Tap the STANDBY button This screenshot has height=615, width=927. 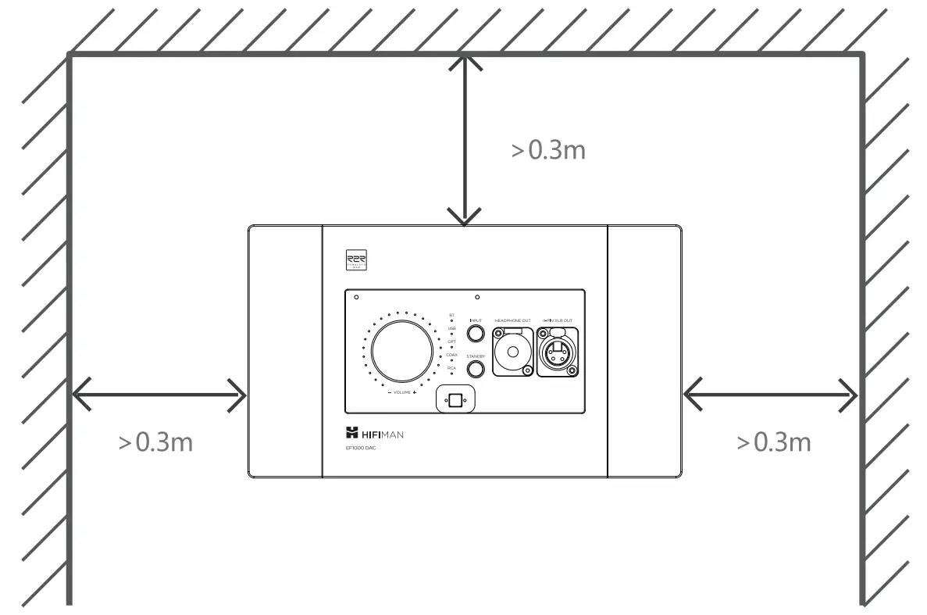[476, 372]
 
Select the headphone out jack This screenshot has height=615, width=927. [512, 352]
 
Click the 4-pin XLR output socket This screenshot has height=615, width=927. [558, 352]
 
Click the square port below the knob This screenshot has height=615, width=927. [456, 400]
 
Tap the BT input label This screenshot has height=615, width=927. [451, 315]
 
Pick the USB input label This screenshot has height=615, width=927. [451, 328]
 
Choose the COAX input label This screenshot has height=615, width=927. [451, 355]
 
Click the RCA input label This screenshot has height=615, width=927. [451, 367]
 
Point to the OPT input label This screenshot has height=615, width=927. [451, 341]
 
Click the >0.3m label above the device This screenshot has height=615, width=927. [548, 151]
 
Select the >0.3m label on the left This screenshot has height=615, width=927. [155, 442]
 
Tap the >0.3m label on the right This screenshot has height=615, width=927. [774, 442]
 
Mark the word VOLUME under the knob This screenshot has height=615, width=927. [401, 392]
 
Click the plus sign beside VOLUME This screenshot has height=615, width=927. [415, 392]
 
